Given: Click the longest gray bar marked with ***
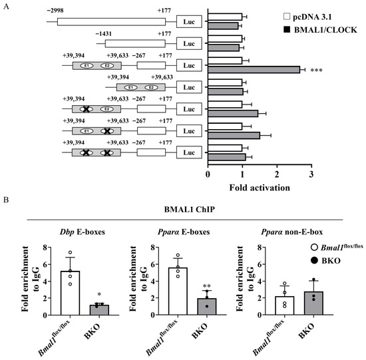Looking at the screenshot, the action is (x=254, y=70).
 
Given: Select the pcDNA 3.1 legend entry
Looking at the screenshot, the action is (x=307, y=17).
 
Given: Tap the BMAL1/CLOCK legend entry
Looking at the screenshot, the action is (x=320, y=30).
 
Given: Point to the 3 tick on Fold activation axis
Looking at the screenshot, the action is (x=311, y=174).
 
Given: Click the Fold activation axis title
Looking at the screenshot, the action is (x=260, y=188).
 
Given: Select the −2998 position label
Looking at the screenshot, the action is (x=55, y=11).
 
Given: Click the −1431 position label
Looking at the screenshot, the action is (x=103, y=34).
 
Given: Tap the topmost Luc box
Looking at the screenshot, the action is (x=189, y=22).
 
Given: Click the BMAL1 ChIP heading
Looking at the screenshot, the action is (x=189, y=210).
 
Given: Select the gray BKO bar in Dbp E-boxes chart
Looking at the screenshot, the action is (x=99, y=310).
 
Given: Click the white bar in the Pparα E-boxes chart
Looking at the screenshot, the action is (x=178, y=291).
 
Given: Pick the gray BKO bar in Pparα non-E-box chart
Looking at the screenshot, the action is (x=313, y=303).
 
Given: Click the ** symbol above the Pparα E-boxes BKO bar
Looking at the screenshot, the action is (x=207, y=286).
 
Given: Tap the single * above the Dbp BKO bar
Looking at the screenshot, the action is (x=99, y=294).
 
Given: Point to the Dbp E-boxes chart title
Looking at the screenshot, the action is (x=82, y=232).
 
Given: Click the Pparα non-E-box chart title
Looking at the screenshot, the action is (x=291, y=232).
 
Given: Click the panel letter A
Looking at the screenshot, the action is (x=6, y=7).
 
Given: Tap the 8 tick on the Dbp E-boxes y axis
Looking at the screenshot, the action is (x=45, y=248).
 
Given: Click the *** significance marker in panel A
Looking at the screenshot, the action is (x=316, y=71).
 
